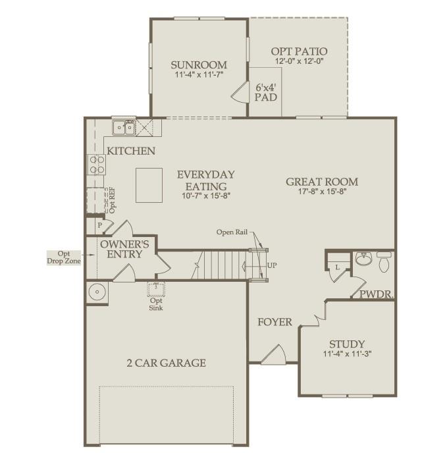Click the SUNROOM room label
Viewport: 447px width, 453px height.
[199, 65]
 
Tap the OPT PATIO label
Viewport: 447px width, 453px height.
[300, 51]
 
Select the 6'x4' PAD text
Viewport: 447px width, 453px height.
[266, 92]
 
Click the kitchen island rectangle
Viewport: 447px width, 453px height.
[149, 185]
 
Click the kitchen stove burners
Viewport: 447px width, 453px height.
[96, 163]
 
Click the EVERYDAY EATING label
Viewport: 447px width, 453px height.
[205, 180]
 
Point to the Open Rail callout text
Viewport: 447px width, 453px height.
[233, 232]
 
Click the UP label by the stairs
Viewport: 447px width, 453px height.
[272, 266]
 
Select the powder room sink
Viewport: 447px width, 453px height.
[363, 259]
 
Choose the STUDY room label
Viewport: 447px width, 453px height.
[346, 344]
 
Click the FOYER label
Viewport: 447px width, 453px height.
[275, 322]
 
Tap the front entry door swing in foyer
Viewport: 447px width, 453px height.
[273, 355]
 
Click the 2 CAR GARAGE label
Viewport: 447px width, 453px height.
[166, 363]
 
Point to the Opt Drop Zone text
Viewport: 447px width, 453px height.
[63, 257]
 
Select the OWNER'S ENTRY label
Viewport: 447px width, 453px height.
[124, 249]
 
